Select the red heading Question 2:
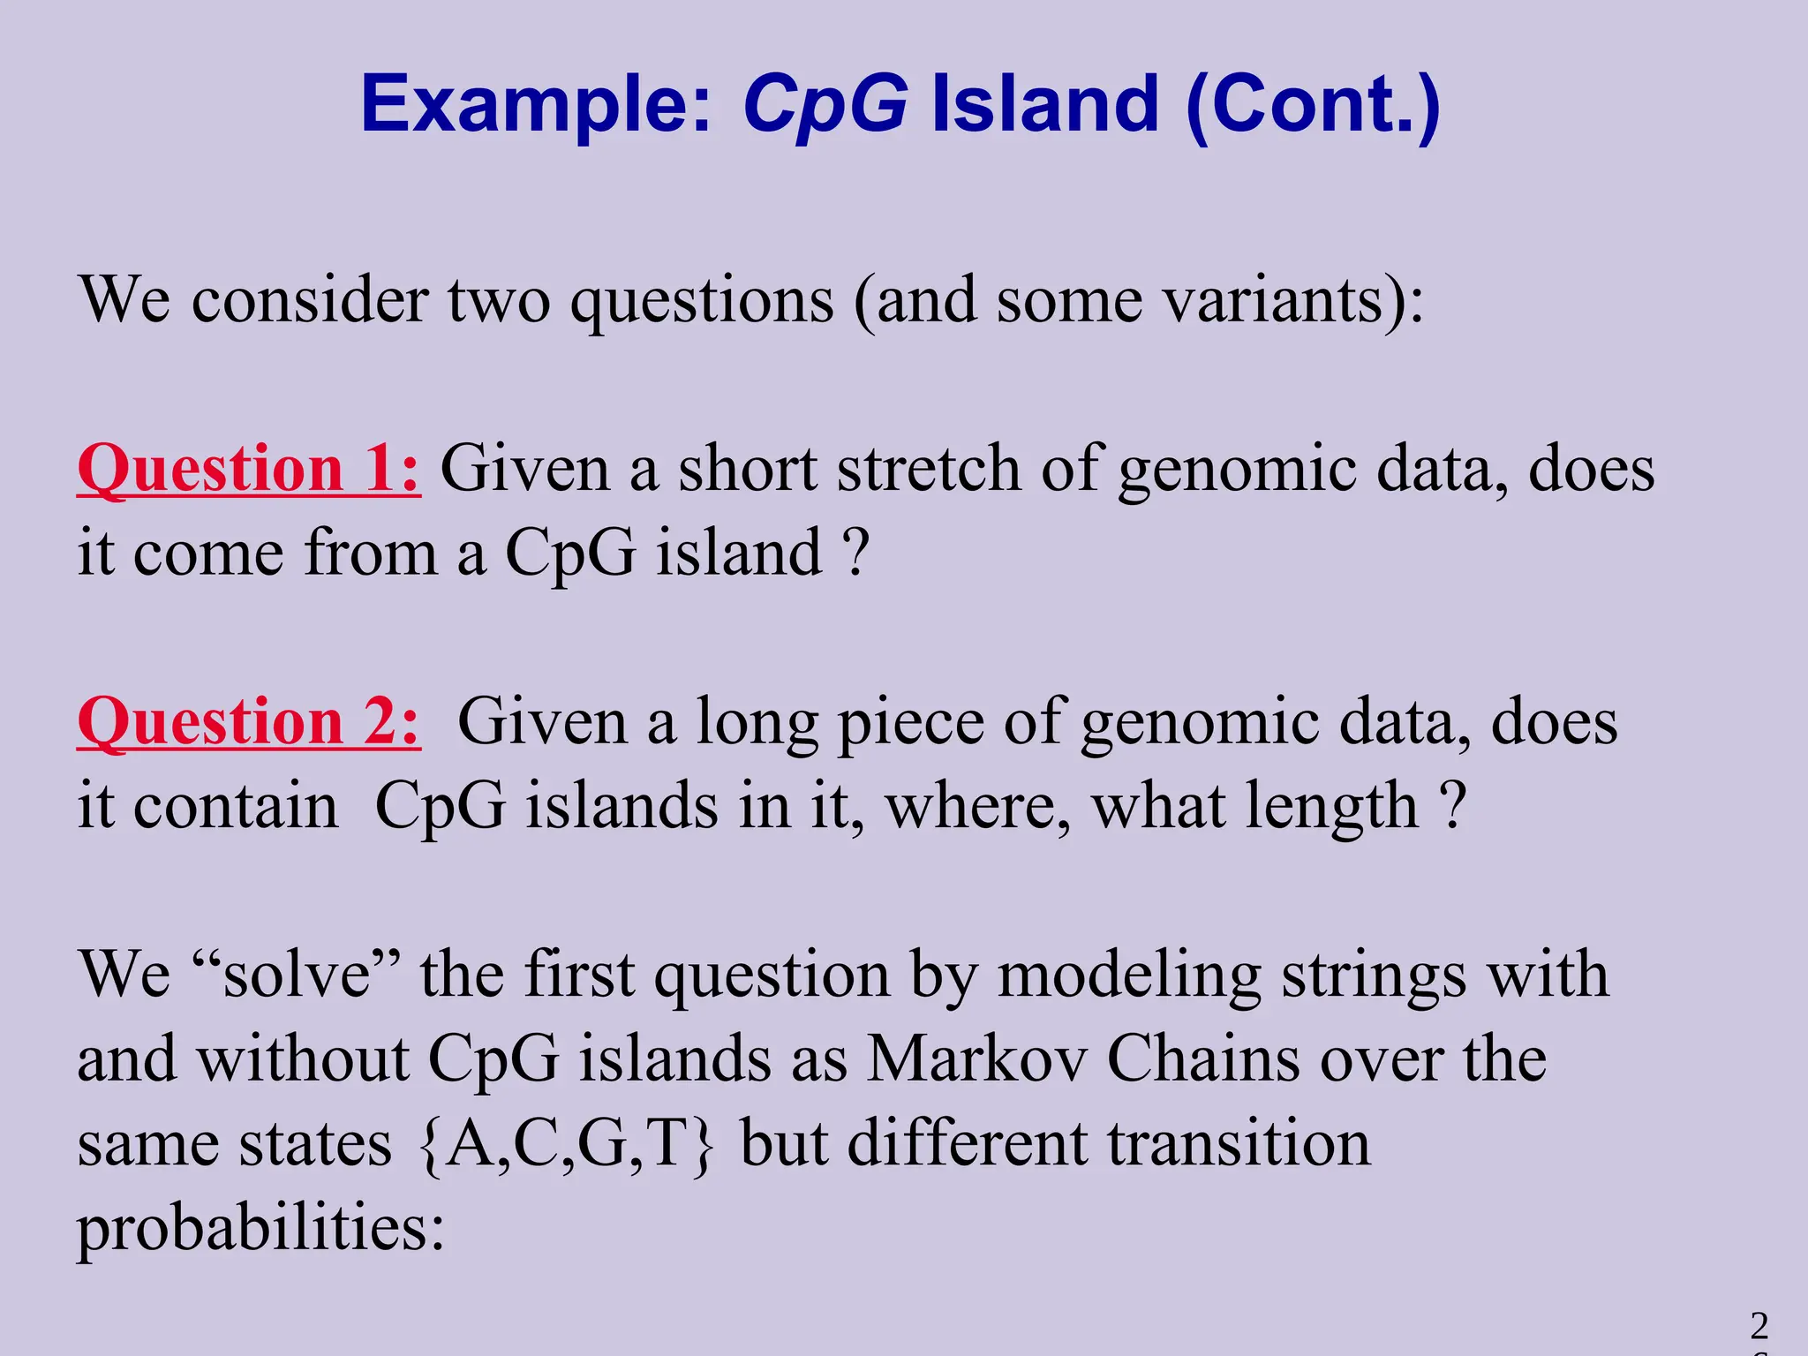pyautogui.click(x=249, y=722)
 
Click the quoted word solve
pyautogui.click(x=297, y=975)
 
